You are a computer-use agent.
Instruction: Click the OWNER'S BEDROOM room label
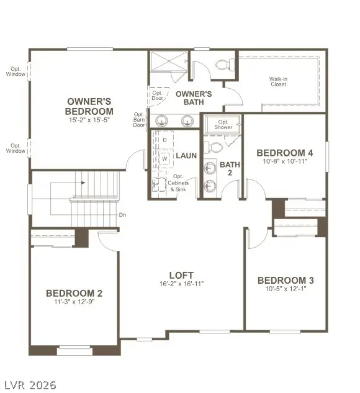[x=90, y=106]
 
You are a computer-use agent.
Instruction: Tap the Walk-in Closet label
[x=277, y=81]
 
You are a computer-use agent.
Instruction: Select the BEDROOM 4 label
[x=285, y=153]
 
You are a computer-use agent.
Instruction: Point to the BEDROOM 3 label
[x=286, y=281]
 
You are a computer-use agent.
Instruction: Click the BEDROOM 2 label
[x=74, y=293]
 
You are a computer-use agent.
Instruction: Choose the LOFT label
[x=181, y=275]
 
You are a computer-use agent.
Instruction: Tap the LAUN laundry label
[x=186, y=156]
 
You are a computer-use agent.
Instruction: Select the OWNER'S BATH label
[x=193, y=98]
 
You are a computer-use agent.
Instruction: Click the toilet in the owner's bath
[x=222, y=64]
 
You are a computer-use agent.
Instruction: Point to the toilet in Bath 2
[x=214, y=148]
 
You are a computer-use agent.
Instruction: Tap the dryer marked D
[x=164, y=140]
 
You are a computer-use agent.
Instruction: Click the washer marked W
[x=164, y=159]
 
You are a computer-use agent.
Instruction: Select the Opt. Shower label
[x=223, y=124]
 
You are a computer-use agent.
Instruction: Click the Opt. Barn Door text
[x=140, y=120]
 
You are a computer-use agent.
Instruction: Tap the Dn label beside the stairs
[x=123, y=215]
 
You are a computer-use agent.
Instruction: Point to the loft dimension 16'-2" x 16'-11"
[x=181, y=284]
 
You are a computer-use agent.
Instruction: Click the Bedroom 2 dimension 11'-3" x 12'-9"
[x=74, y=302]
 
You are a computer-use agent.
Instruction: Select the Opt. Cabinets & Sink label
[x=180, y=183]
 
